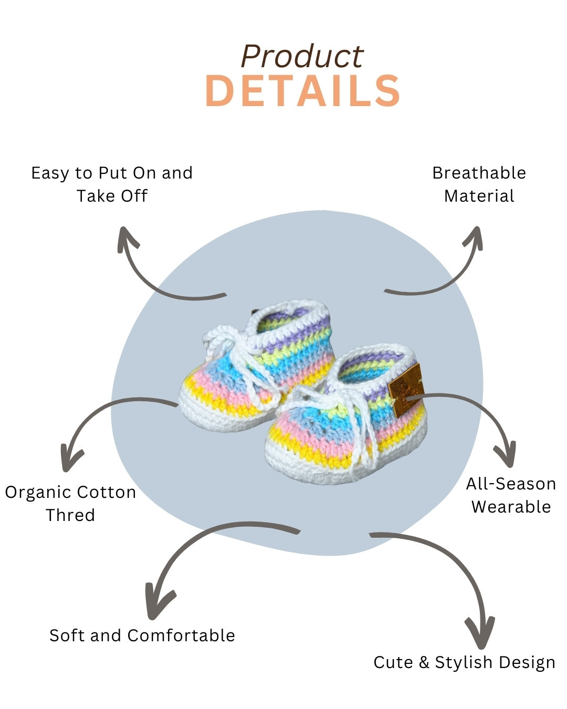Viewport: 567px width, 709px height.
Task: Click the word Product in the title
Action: click(x=302, y=57)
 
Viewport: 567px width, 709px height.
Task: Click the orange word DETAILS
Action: click(x=302, y=91)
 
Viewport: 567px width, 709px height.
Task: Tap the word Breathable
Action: click(x=479, y=173)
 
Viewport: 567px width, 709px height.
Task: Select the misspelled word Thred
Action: click(x=70, y=515)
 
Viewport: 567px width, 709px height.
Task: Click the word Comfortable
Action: click(x=181, y=635)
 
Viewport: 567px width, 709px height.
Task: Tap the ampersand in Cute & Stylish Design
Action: click(x=424, y=662)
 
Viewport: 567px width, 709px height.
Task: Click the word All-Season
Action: click(x=511, y=484)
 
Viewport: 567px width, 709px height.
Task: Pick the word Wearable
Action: click(x=511, y=507)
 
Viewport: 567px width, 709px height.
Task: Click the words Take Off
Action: click(x=112, y=196)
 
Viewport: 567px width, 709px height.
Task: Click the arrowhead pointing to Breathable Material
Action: click(x=474, y=236)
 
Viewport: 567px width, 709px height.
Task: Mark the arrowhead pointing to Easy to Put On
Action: click(x=126, y=237)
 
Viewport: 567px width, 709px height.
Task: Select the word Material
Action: click(x=479, y=196)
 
